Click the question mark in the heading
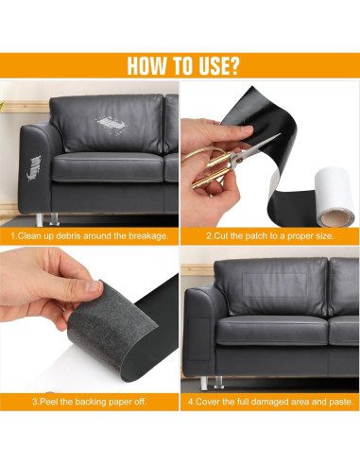click(x=232, y=65)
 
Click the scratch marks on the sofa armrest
click(x=33, y=168)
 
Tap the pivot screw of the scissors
click(x=239, y=160)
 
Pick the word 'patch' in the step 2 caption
click(x=255, y=236)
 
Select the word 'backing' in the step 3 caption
click(x=91, y=402)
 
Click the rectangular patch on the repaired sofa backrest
click(x=274, y=285)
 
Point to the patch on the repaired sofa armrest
click(x=199, y=339)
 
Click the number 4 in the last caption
click(x=191, y=402)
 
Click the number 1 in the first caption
click(x=13, y=236)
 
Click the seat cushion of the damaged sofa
click(x=108, y=167)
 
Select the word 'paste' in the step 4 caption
click(x=341, y=402)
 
